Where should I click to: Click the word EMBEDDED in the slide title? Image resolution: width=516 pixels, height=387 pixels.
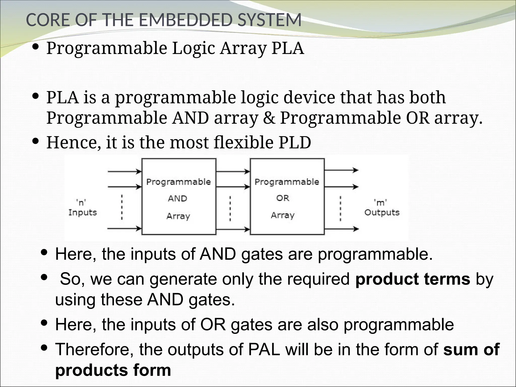click(x=185, y=20)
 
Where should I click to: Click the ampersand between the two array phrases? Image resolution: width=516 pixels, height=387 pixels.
click(x=269, y=118)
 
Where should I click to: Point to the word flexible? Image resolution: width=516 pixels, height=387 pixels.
click(x=243, y=142)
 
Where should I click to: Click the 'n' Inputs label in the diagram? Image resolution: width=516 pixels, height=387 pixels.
click(x=82, y=208)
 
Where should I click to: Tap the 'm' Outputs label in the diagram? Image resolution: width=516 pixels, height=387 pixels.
click(x=381, y=208)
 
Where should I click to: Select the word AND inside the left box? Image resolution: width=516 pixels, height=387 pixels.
click(x=178, y=199)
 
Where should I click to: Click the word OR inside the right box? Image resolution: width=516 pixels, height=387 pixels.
click(x=283, y=198)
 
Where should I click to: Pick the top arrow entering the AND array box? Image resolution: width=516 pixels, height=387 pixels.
click(x=124, y=172)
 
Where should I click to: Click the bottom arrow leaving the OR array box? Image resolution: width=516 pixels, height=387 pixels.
click(x=341, y=229)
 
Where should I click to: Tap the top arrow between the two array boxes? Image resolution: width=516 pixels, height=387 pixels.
click(x=233, y=172)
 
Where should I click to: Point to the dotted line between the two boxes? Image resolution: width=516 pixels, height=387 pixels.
click(x=230, y=209)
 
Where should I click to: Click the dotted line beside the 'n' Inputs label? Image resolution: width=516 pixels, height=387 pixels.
click(x=122, y=207)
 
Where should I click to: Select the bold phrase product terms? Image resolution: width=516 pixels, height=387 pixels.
click(x=412, y=279)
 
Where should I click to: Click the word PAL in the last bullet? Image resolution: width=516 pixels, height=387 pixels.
click(x=264, y=349)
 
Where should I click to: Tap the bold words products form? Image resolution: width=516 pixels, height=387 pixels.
click(x=113, y=370)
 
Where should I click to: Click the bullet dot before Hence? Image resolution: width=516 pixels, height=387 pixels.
click(x=36, y=141)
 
